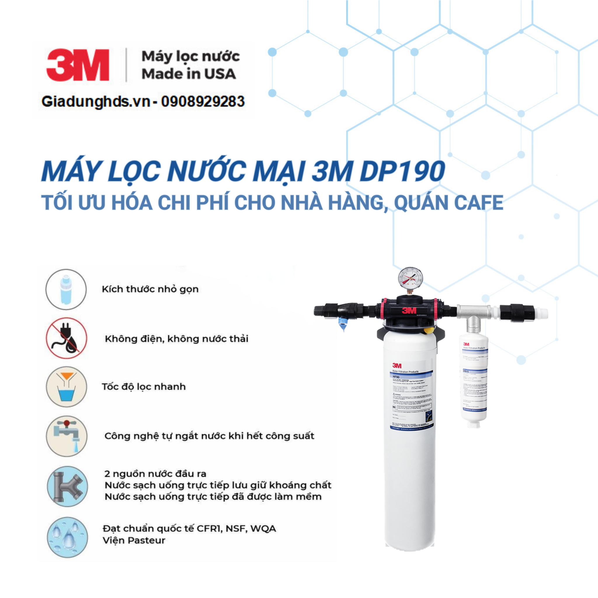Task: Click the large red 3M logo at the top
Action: (78, 65)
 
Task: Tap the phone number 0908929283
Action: (203, 102)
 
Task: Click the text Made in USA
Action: (189, 74)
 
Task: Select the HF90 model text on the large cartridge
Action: (396, 377)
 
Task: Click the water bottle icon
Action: (66, 289)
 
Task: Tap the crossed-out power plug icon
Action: (66, 338)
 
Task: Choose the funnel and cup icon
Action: (66, 387)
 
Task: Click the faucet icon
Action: (66, 436)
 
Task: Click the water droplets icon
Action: (67, 537)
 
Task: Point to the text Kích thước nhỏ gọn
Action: (150, 289)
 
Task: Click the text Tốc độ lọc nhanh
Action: (144, 387)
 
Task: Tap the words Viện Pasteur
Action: (134, 540)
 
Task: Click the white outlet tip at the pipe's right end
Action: (540, 314)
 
